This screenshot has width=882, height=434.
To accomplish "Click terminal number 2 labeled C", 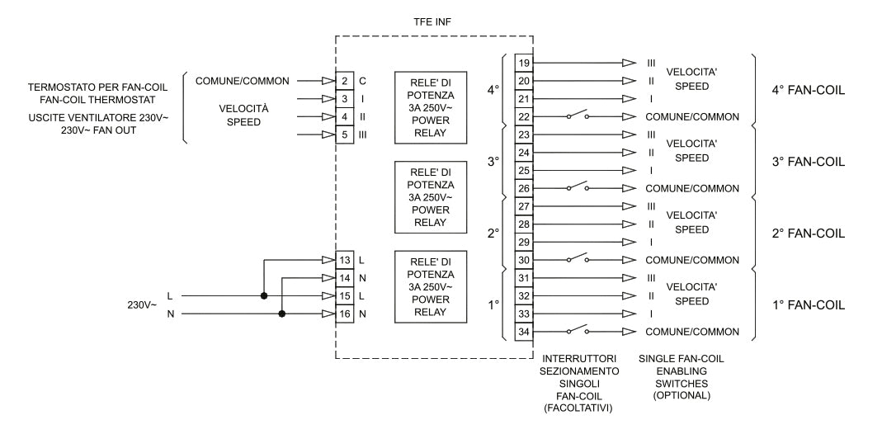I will click(x=345, y=81).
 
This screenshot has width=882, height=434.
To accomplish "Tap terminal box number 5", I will click(x=345, y=134).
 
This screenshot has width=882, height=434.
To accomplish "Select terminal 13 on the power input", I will click(x=345, y=261).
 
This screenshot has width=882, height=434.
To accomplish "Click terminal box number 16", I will click(x=345, y=314).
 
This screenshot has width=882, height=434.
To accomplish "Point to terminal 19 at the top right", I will click(x=523, y=63).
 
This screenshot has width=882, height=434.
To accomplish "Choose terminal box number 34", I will click(x=523, y=332).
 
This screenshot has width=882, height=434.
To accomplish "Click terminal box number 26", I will click(x=523, y=188).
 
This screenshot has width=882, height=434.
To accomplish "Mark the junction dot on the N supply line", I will click(x=282, y=314).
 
